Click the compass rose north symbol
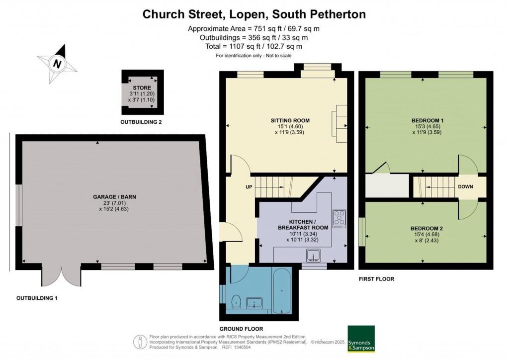click(57, 64)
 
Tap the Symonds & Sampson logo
click(361, 339)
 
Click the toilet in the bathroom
click(236, 301)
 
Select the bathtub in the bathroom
click(281, 291)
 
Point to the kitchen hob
click(339, 218)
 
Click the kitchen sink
click(313, 256)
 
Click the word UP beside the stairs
click(249, 187)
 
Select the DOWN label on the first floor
click(465, 186)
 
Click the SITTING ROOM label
click(290, 120)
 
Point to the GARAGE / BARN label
click(115, 197)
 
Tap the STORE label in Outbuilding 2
click(142, 88)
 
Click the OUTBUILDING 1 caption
click(37, 298)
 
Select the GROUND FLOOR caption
click(241, 329)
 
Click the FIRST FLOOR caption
click(377, 279)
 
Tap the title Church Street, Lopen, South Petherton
click(254, 14)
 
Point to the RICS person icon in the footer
click(141, 342)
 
